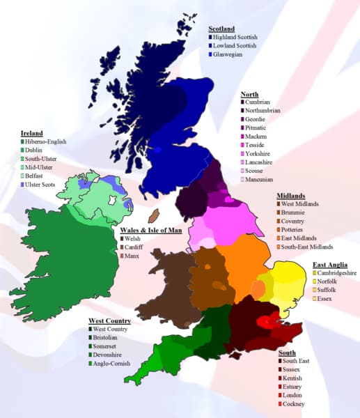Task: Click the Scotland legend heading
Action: [222, 29]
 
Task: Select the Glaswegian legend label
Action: [230, 54]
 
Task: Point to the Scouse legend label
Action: [256, 171]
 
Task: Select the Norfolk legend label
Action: [330, 281]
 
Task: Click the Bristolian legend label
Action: [108, 337]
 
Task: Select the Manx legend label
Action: [132, 256]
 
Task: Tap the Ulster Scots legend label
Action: [45, 185]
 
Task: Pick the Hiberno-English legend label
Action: [48, 142]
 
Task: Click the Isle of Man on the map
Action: [155, 215]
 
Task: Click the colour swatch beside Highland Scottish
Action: [211, 37]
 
